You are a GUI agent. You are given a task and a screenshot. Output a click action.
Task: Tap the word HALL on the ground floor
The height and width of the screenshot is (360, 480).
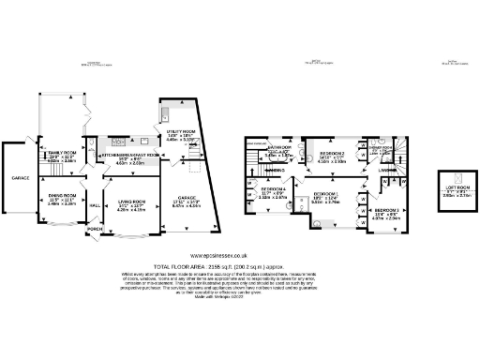pyautogui.click(x=94, y=204)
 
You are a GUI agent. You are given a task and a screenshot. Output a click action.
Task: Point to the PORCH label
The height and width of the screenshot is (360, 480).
pyautogui.click(x=95, y=228)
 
